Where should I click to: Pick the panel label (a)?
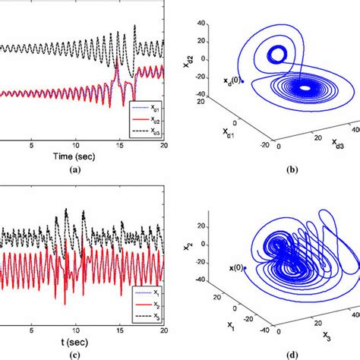tap(74, 171)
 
